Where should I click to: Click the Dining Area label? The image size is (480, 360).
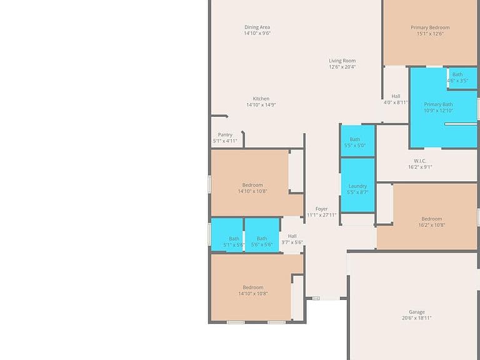[257, 27]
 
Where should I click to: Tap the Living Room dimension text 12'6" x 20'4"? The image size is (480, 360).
[342, 67]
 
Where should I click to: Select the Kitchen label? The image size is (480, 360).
[261, 99]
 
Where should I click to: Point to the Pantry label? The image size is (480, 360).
[225, 135]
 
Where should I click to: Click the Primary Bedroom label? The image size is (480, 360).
[430, 27]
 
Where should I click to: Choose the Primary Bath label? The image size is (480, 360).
[438, 104]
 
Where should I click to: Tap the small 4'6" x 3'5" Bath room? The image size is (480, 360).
[462, 78]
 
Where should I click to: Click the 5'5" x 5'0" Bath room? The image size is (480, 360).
[357, 141]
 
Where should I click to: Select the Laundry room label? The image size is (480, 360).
[357, 186]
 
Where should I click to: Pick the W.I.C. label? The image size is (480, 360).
[420, 161]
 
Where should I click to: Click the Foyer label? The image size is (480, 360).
[321, 209]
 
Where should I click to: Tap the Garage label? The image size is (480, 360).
[417, 312]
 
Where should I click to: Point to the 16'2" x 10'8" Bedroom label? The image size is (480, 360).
[432, 219]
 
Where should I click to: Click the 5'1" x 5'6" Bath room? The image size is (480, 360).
[227, 235]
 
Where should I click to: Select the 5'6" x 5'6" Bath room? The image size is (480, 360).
[262, 235]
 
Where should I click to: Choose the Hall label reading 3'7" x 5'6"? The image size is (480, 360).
[292, 236]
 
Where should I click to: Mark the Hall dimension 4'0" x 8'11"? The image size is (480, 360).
[396, 102]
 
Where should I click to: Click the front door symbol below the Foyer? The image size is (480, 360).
[316, 298]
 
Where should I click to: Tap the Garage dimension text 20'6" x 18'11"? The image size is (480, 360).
[417, 318]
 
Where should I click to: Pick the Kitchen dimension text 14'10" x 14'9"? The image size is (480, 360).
[261, 105]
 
